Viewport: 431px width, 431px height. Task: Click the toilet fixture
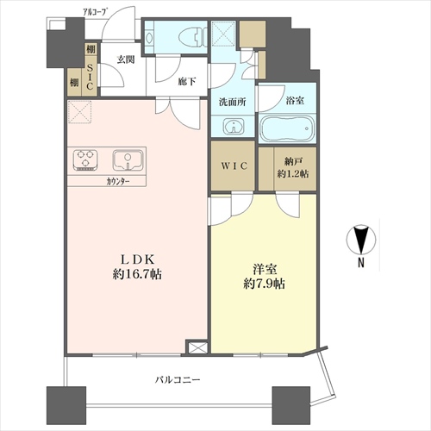coord(191,38)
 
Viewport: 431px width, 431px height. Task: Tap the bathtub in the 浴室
coord(287,129)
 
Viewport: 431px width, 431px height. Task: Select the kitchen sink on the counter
coord(128,160)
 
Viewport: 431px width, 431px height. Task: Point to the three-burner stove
coord(85,160)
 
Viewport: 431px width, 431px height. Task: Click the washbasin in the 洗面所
coord(234,126)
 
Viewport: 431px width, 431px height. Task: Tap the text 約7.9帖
coord(264,284)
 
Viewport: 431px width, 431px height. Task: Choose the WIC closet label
coord(234,166)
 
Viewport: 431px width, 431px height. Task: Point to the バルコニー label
coord(178,380)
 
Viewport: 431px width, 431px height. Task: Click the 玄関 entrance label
coord(126,59)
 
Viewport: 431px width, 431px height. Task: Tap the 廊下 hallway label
coord(187,82)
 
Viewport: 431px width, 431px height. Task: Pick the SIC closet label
coord(90,77)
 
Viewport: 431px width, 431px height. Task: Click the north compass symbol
coord(361,240)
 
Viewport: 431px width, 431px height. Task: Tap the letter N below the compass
coord(361,263)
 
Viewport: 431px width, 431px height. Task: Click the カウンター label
coord(118,181)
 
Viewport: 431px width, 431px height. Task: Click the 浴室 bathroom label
coord(295,101)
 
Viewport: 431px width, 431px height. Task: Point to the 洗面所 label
coord(233,102)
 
